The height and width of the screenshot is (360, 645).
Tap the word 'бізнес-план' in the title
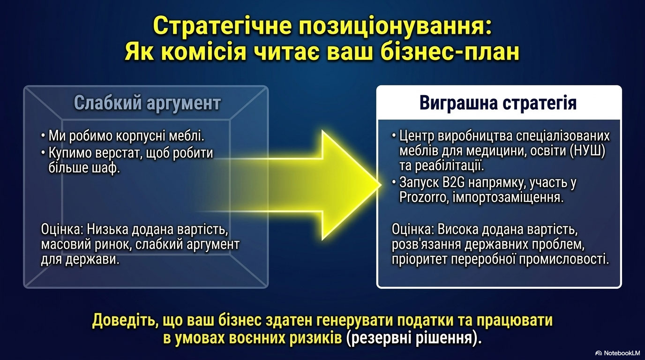[451, 52]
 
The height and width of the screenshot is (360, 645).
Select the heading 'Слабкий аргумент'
[148, 103]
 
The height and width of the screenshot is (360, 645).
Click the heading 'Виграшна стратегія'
[498, 103]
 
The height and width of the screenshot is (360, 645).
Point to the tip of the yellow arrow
[381, 185]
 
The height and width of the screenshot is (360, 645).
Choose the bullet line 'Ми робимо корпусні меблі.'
[123, 136]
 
